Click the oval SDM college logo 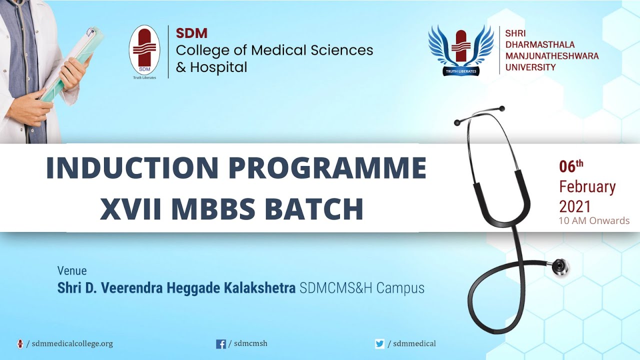pos(144,51)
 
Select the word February pos(587,187)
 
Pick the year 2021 pos(575,206)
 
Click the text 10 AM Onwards pos(594,220)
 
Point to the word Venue pos(72,271)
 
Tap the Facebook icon pos(220,344)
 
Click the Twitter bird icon pos(380,344)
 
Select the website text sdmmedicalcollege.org pos(72,344)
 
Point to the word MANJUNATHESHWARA pos(551,56)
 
